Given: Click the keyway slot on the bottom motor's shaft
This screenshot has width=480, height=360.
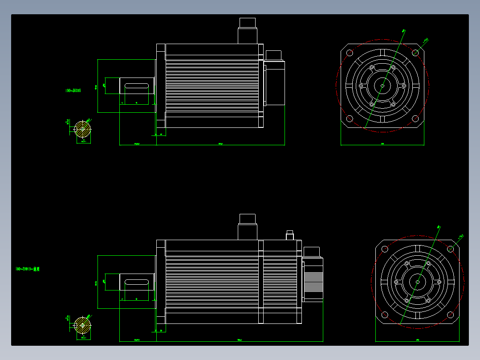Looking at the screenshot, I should pyautogui.click(x=137, y=282).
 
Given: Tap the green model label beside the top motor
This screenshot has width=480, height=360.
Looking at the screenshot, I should pyautogui.click(x=73, y=90).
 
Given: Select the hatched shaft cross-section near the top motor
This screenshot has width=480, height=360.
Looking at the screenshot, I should pyautogui.click(x=82, y=130).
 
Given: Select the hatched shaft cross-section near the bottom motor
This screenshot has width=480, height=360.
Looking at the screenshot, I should pyautogui.click(x=82, y=325).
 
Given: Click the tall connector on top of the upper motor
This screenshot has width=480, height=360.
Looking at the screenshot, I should pyautogui.click(x=248, y=31).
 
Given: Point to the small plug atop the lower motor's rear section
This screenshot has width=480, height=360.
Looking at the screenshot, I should pyautogui.click(x=290, y=235).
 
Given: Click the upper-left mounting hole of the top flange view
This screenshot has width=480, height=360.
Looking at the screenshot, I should pyautogui.click(x=350, y=53).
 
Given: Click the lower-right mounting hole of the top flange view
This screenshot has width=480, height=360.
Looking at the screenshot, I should pyautogui.click(x=415, y=119).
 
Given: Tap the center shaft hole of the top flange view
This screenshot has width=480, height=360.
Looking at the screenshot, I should pyautogui.click(x=382, y=86).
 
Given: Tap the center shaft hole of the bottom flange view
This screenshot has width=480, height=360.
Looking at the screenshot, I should pyautogui.click(x=418, y=282).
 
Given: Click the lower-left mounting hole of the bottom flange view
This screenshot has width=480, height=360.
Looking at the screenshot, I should pyautogui.click(x=385, y=315).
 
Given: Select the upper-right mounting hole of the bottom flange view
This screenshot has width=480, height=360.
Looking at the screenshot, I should pyautogui.click(x=451, y=249).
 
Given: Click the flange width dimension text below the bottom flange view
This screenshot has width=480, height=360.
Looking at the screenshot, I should pyautogui.click(x=418, y=340).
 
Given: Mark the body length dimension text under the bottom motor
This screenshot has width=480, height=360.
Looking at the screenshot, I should pyautogui.click(x=239, y=340).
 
